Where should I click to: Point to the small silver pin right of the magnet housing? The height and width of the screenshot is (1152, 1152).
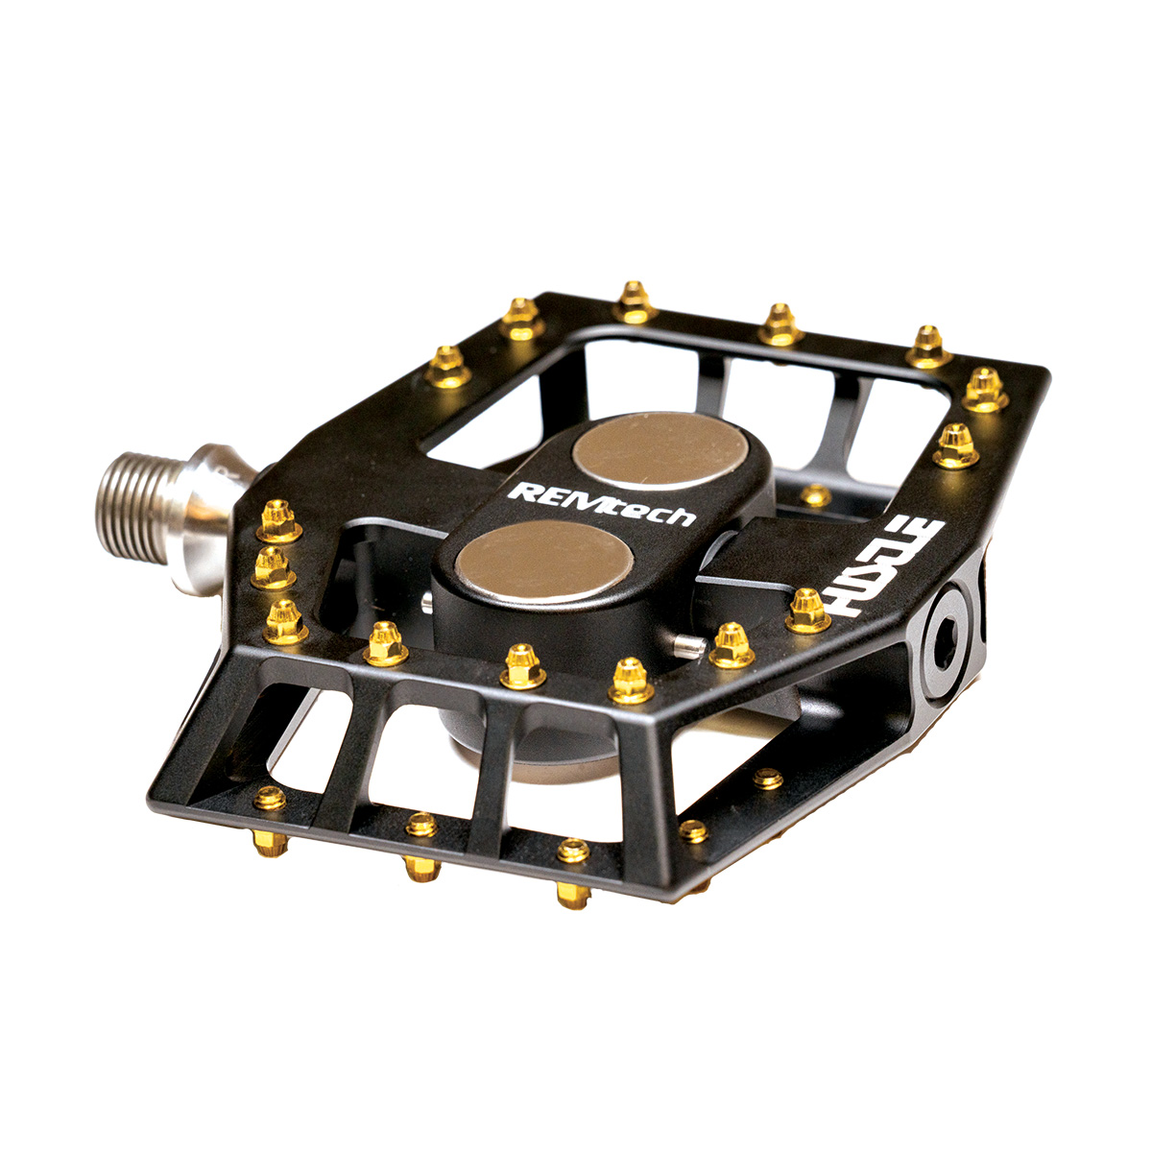(684, 644)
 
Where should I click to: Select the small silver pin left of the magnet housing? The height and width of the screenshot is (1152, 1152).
(425, 602)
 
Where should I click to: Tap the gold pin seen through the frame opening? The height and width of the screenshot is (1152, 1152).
(815, 495)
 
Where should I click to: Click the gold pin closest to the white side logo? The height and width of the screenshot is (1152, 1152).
(807, 611)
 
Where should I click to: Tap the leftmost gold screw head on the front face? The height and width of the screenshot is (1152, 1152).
(270, 797)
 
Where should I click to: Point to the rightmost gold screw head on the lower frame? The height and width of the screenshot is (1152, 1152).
(768, 779)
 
